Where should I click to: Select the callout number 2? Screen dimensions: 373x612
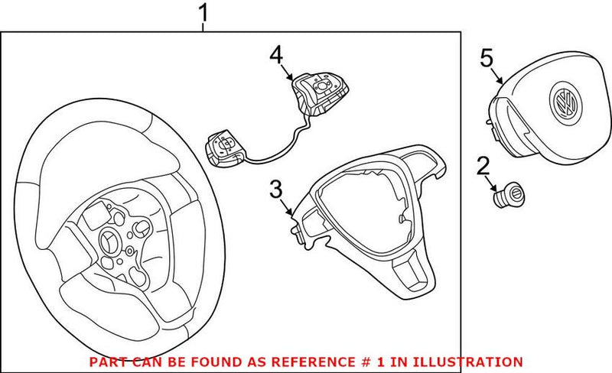click(x=483, y=166)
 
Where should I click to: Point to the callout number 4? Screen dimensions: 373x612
click(x=275, y=54)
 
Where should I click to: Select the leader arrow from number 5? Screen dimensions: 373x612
click(x=496, y=75)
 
